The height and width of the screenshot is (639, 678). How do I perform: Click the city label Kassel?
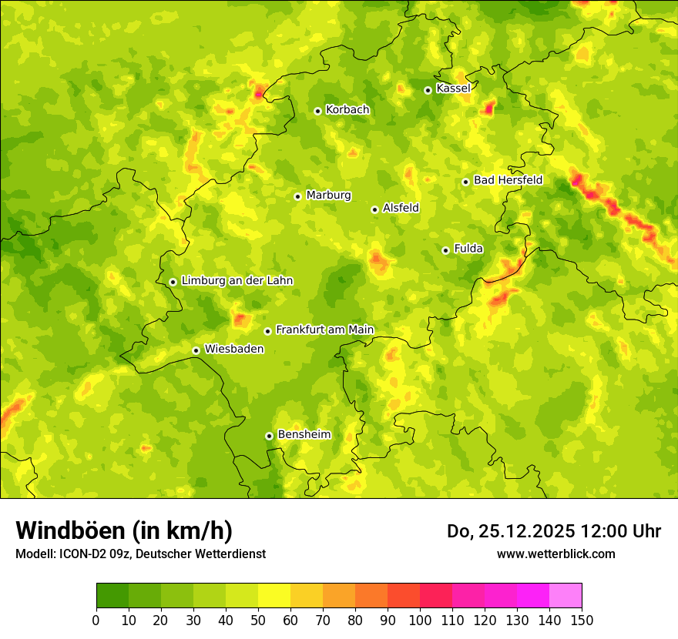(453, 89)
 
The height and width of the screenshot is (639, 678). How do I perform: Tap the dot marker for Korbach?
(317, 111)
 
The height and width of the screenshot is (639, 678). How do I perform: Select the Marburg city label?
(328, 196)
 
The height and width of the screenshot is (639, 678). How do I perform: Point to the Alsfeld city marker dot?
(375, 209)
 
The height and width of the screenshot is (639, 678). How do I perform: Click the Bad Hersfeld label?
(508, 180)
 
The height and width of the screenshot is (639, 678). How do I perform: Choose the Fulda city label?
(468, 249)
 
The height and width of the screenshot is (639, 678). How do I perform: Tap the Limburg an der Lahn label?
(237, 281)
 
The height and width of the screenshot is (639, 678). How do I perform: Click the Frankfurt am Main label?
(324, 330)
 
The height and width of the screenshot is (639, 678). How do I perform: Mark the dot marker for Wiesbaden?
(196, 350)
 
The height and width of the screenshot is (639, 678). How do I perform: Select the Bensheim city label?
(304, 434)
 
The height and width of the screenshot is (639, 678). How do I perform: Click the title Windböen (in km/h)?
(124, 530)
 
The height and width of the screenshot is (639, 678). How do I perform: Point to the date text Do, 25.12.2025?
(512, 531)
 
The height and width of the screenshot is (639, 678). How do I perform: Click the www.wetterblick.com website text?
(555, 554)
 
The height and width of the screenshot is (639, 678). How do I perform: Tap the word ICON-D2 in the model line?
(79, 554)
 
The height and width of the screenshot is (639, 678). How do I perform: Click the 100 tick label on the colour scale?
(420, 620)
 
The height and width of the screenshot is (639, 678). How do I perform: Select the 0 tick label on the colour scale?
(96, 620)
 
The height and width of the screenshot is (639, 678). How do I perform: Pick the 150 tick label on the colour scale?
(582, 620)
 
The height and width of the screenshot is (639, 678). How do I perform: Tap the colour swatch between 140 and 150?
(566, 596)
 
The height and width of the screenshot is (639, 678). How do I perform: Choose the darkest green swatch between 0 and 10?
(112, 596)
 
